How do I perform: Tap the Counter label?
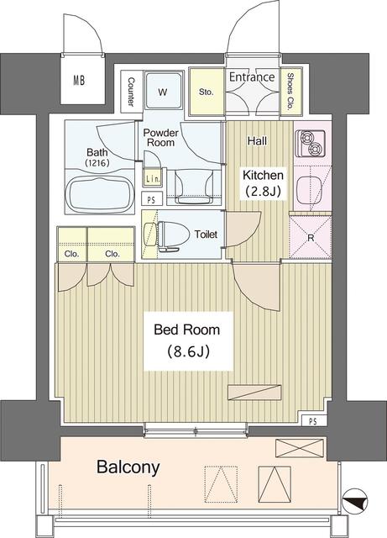[132, 92]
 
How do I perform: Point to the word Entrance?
[252, 77]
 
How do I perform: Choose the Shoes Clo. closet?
[291, 91]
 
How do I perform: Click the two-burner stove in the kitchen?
[309, 145]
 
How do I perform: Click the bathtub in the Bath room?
[99, 194]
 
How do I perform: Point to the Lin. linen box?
[153, 178]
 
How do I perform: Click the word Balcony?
[128, 466]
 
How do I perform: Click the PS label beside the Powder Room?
[151, 199]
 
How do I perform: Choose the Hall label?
[257, 141]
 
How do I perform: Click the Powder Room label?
[160, 138]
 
